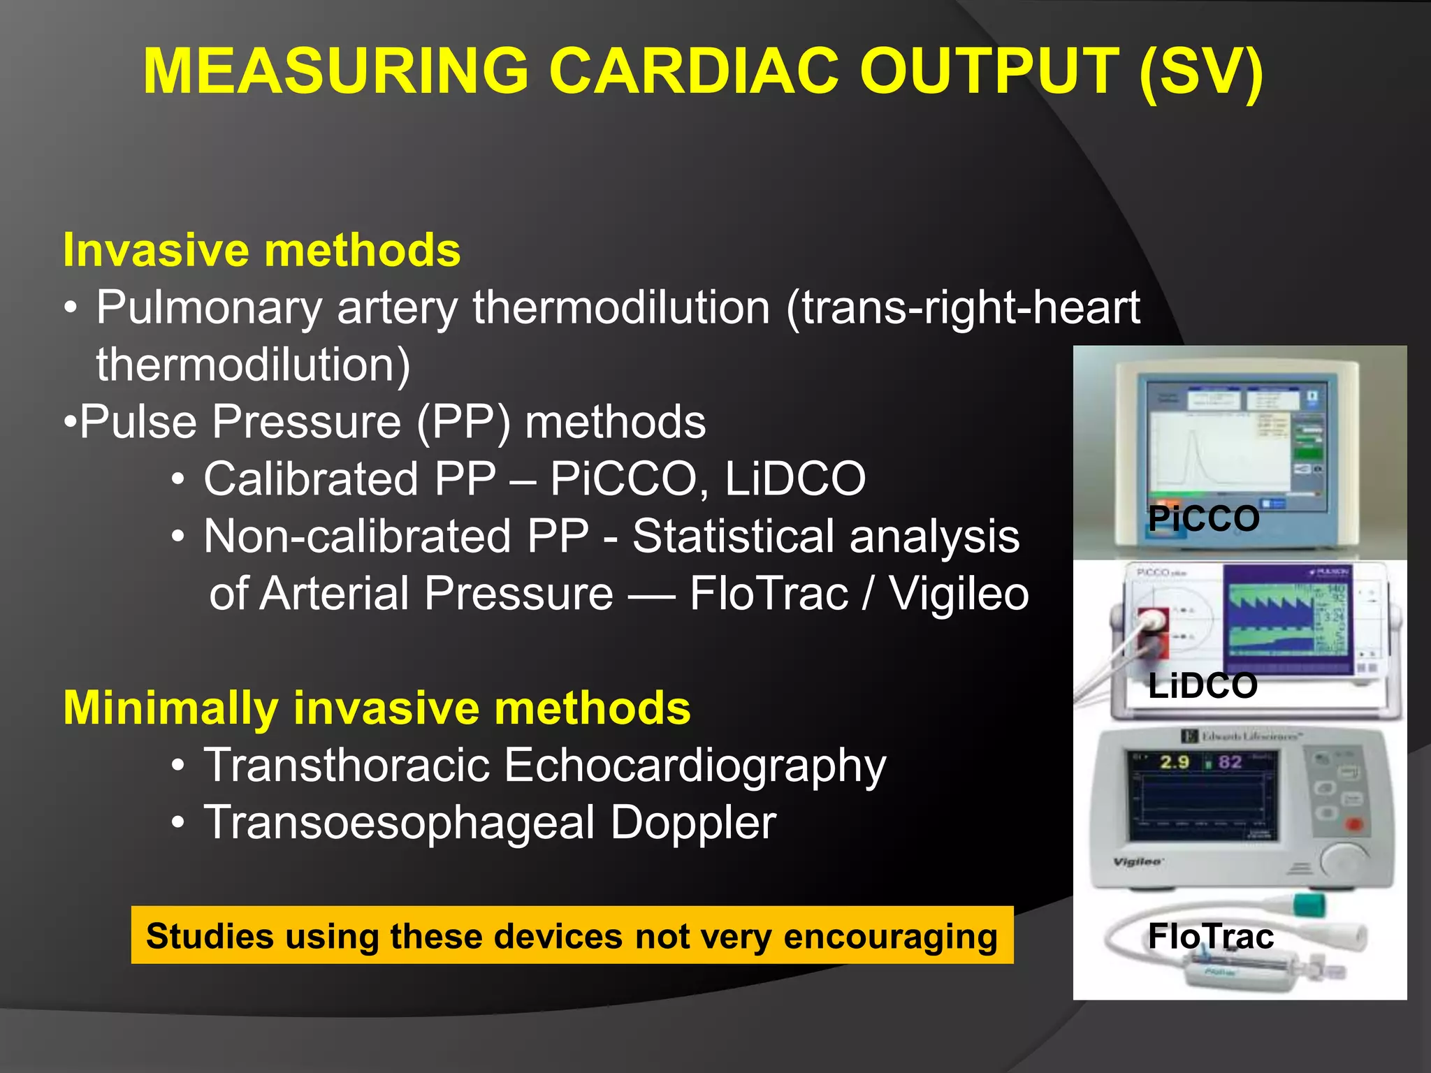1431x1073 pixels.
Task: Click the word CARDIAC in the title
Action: click(693, 71)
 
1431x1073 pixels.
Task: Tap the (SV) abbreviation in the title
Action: click(1200, 73)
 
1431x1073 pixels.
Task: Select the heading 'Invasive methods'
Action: click(262, 250)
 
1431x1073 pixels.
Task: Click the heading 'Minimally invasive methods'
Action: click(377, 708)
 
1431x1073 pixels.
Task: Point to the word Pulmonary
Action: click(209, 308)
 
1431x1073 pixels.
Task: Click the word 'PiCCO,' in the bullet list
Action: click(624, 479)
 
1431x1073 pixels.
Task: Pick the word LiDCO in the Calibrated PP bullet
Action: click(795, 479)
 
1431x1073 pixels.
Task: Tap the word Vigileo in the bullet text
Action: click(959, 594)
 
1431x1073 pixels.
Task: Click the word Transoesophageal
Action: click(399, 823)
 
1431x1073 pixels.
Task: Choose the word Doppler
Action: click(693, 823)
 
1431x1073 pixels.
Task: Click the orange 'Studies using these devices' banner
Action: click(572, 936)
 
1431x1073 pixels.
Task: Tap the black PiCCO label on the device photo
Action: click(1203, 519)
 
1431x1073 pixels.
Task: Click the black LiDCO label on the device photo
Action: click(1203, 686)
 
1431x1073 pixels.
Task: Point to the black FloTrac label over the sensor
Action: click(1210, 937)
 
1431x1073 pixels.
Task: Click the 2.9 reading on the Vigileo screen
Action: click(1175, 762)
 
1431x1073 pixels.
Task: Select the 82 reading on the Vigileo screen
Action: click(1230, 762)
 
